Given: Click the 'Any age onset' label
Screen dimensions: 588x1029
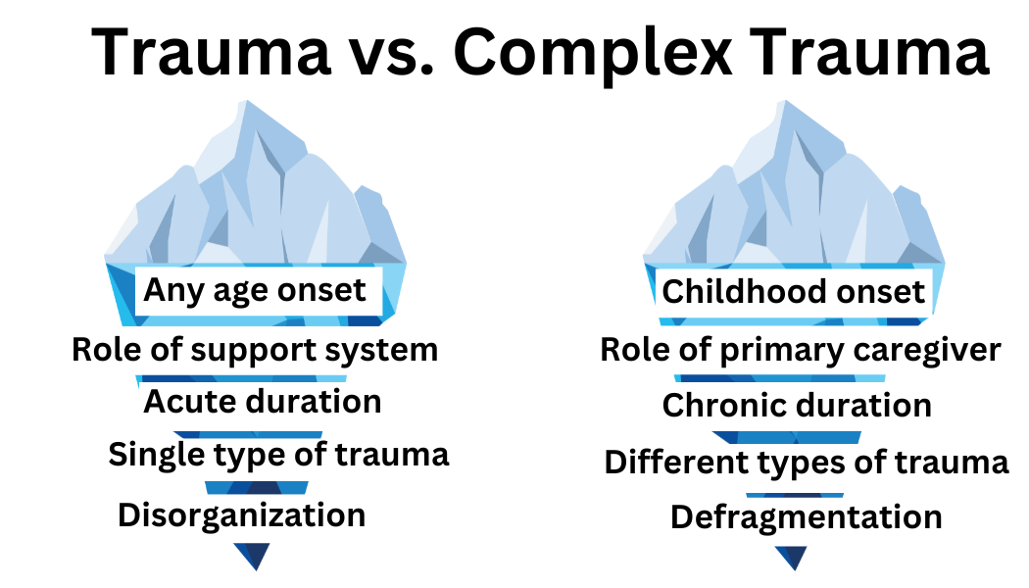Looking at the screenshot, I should [x=255, y=290].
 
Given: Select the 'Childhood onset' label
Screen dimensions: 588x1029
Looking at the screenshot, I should [x=793, y=291].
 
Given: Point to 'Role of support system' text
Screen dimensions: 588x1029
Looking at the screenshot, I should [x=255, y=349].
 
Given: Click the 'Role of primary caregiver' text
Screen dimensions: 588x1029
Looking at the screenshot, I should [x=801, y=350].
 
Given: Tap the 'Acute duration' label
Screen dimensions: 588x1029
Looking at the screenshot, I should [x=263, y=402].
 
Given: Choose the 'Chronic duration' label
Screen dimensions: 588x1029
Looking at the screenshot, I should [x=797, y=405].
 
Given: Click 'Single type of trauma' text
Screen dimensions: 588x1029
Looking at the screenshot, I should [x=278, y=455].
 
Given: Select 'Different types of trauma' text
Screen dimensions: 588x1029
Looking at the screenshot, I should [x=807, y=462].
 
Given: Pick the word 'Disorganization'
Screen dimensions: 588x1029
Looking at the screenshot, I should [x=241, y=514].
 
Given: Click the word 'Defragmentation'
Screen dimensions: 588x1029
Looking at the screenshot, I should [x=807, y=516].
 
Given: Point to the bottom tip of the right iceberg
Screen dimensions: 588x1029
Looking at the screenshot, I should [x=791, y=565].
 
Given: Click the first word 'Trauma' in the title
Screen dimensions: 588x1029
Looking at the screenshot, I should [x=212, y=54].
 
